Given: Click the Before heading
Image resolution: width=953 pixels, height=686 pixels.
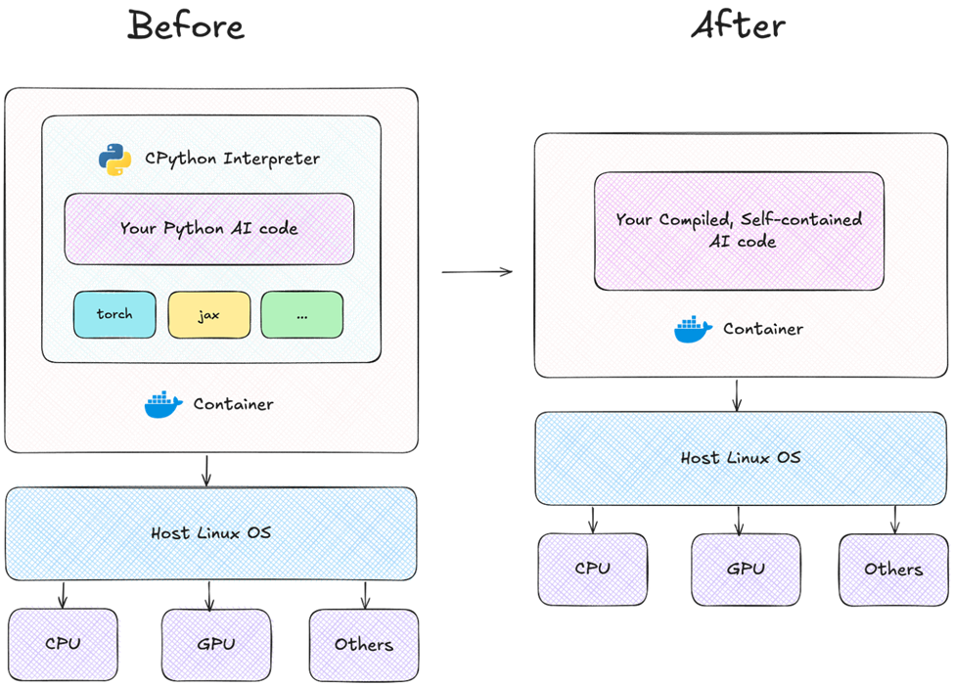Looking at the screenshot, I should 186,26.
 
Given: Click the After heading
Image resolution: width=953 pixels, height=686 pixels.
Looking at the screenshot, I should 738,26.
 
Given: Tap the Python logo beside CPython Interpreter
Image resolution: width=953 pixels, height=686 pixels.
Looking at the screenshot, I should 115,159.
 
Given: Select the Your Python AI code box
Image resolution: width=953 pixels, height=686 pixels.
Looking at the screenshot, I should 208,228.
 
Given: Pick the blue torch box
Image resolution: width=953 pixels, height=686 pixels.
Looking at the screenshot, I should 114,314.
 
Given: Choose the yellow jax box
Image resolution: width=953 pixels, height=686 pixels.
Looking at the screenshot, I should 208,314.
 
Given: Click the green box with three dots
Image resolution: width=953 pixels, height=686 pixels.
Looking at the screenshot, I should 301,314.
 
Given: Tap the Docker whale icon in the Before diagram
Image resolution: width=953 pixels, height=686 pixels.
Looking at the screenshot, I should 163,404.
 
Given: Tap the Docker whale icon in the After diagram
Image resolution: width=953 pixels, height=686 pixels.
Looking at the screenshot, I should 694,330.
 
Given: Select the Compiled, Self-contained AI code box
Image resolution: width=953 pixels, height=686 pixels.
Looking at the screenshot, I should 739,231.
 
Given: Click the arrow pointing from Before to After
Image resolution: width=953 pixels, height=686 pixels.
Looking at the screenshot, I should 477,271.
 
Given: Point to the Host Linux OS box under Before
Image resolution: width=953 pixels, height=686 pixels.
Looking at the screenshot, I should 211,533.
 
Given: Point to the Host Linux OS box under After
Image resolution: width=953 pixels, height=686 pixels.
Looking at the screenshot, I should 741,458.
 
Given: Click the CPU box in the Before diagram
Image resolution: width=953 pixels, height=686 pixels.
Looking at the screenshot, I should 64,644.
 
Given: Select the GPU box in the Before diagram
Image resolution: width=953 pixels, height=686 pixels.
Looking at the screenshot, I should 216,644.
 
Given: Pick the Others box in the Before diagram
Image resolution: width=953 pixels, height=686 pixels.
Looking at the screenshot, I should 364,644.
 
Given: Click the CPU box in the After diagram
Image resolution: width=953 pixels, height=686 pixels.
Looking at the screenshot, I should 593,569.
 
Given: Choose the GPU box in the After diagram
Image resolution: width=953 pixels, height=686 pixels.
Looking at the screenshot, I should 747,569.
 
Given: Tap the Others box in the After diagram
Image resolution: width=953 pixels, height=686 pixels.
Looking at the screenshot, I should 893,569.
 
